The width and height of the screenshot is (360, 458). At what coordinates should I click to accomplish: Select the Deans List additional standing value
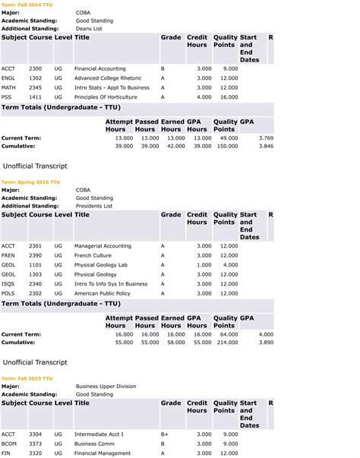click(x=90, y=28)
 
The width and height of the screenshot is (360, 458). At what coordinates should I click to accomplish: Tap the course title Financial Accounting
click(x=100, y=68)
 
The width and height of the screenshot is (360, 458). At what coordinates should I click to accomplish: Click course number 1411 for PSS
click(x=35, y=97)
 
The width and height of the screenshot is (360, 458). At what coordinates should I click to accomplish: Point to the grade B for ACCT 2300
click(x=163, y=68)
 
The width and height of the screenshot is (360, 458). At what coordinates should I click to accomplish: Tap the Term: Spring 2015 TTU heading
click(x=30, y=182)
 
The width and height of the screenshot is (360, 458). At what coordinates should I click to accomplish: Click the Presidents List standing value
click(x=94, y=206)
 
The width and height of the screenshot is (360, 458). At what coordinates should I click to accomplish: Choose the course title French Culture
click(x=93, y=255)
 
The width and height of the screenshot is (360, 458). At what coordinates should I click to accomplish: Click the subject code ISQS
click(x=8, y=283)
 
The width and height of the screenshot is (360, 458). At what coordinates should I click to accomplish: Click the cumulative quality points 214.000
click(x=226, y=343)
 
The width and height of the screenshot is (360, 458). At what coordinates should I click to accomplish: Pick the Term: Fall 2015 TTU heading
click(x=27, y=378)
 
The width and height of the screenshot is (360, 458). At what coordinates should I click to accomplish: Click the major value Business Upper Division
click(x=106, y=387)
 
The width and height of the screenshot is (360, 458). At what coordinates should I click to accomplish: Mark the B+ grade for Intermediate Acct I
click(x=164, y=434)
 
